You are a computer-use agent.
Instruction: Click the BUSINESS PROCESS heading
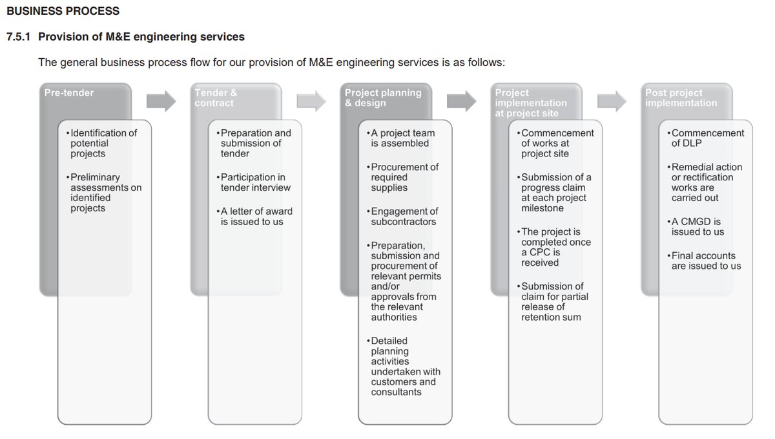pyautogui.click(x=63, y=11)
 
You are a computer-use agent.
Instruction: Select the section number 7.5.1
pyautogui.click(x=19, y=37)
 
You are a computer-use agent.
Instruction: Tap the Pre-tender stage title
pyautogui.click(x=68, y=93)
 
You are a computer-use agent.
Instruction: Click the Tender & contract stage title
pyautogui.click(x=216, y=98)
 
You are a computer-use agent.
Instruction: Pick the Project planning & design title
pyautogui.click(x=382, y=98)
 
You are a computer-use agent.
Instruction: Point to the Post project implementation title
pyautogui.click(x=681, y=98)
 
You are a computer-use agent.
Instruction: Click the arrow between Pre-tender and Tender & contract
pyautogui.click(x=161, y=100)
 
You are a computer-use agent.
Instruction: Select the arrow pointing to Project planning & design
pyautogui.click(x=311, y=100)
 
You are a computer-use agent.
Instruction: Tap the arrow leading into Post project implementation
pyautogui.click(x=612, y=100)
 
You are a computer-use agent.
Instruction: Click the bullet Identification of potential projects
pyautogui.click(x=103, y=143)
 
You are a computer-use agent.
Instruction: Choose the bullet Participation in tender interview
pyautogui.click(x=255, y=182)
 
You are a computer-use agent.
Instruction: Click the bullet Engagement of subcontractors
pyautogui.click(x=404, y=216)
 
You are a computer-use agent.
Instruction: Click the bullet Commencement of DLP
pyautogui.click(x=707, y=138)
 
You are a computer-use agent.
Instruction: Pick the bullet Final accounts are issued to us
pyautogui.click(x=706, y=261)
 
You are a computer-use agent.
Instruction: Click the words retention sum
pyautogui.click(x=551, y=317)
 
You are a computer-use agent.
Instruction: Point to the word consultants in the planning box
pyautogui.click(x=396, y=392)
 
